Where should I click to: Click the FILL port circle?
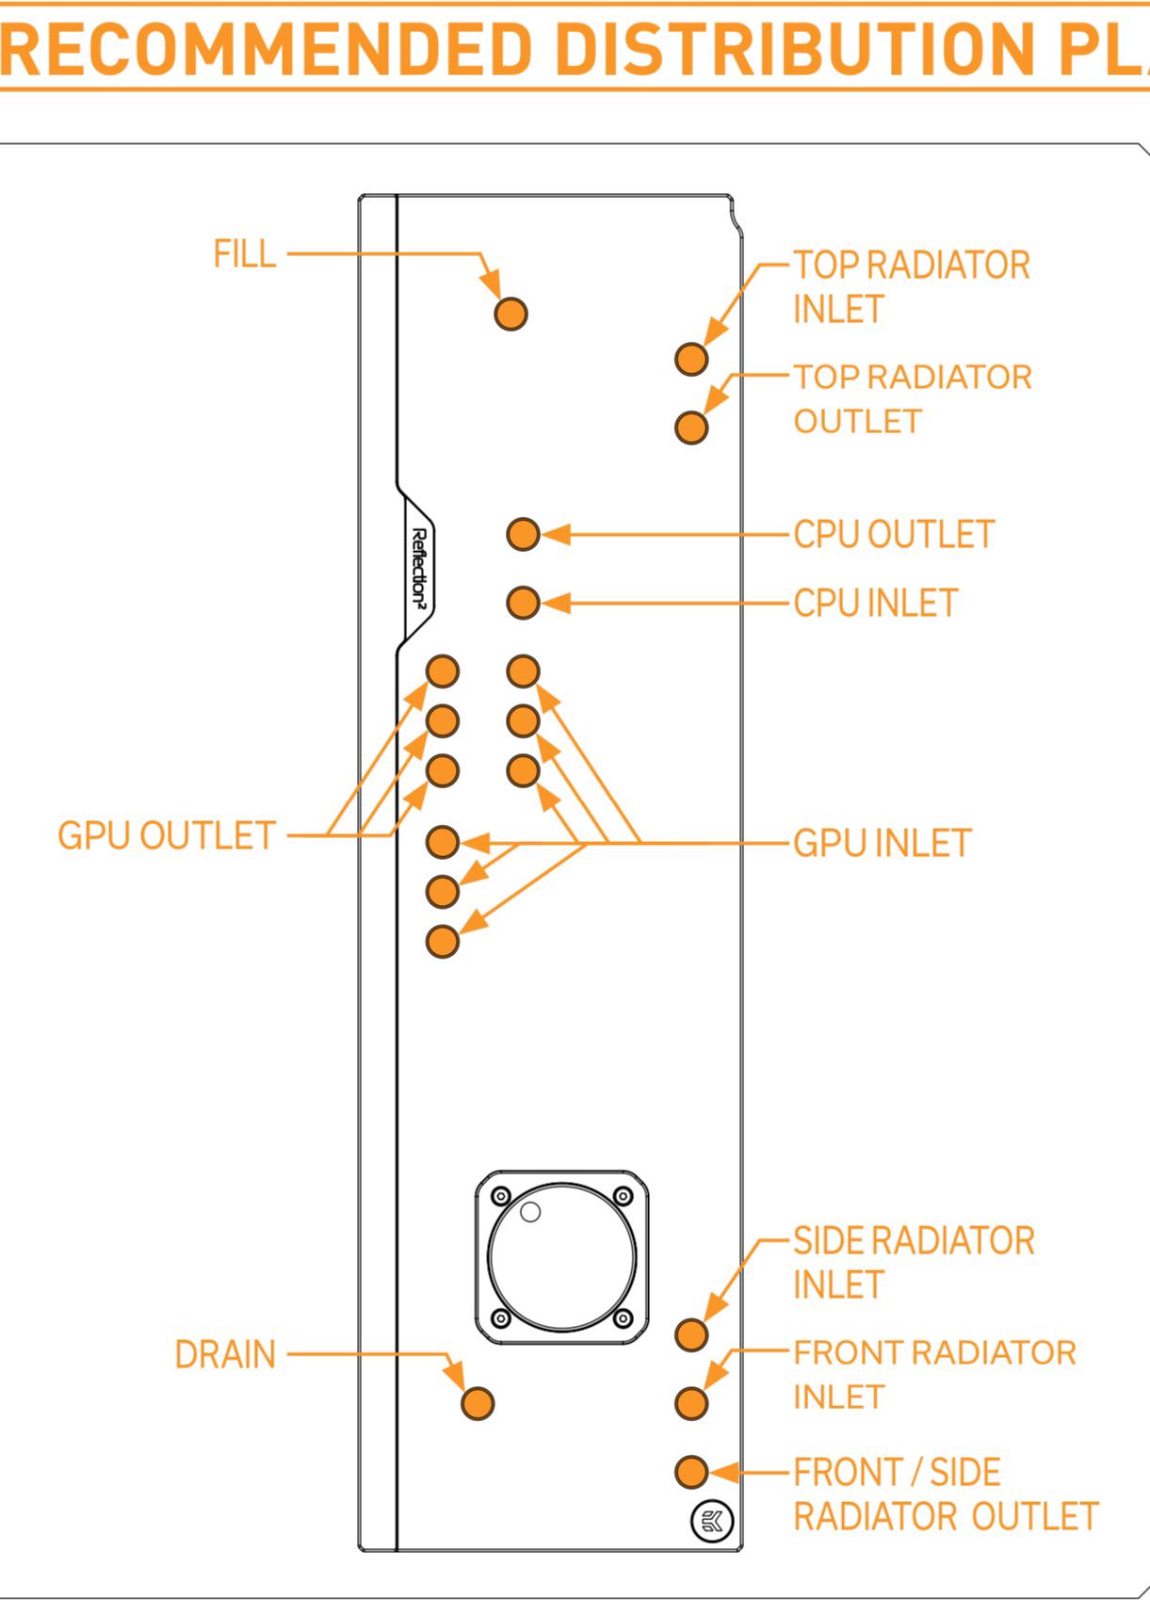(x=510, y=314)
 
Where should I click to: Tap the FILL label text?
(x=245, y=254)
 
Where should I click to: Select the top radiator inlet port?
(x=691, y=358)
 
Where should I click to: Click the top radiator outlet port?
(x=691, y=427)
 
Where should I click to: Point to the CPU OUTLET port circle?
(x=523, y=534)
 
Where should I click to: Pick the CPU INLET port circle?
(x=523, y=602)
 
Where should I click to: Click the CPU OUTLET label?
(x=893, y=534)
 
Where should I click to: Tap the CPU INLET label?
(x=875, y=603)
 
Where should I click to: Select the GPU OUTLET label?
(x=166, y=835)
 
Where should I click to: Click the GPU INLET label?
(x=882, y=843)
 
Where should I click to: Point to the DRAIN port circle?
(x=478, y=1403)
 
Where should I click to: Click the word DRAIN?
(x=225, y=1354)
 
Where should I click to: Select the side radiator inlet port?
(x=691, y=1333)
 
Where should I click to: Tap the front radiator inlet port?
(x=691, y=1403)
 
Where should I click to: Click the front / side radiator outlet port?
(x=691, y=1471)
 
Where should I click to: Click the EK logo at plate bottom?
(x=712, y=1521)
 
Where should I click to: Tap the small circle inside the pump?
(x=530, y=1212)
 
